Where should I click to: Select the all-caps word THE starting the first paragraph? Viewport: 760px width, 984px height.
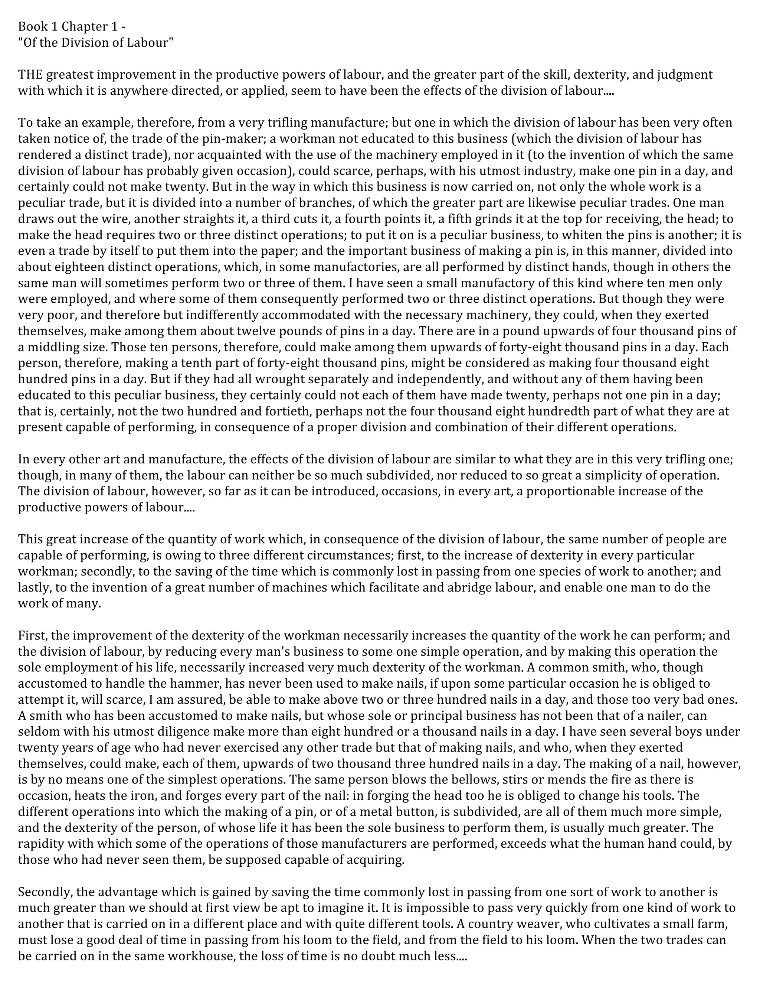tap(31, 75)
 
